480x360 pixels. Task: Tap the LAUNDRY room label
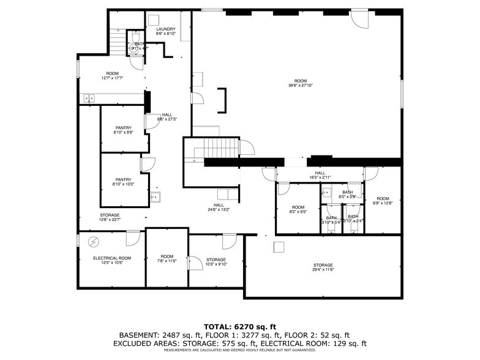coord(166,29)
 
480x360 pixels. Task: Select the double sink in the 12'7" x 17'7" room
coord(89,97)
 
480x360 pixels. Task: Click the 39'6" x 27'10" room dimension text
coord(300,86)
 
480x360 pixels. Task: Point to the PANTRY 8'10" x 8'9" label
coord(123,130)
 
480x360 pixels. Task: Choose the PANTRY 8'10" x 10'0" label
coord(123,182)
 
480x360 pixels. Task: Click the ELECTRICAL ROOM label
coord(112,258)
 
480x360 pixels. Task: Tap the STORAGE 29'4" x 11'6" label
coord(323,268)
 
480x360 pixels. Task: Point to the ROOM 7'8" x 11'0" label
coord(167,258)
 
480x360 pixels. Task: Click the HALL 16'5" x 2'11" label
coord(320,174)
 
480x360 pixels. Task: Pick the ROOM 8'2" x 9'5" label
coord(298,209)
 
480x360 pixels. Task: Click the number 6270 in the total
coord(247,326)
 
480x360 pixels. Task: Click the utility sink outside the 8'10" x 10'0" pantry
coord(156,197)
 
